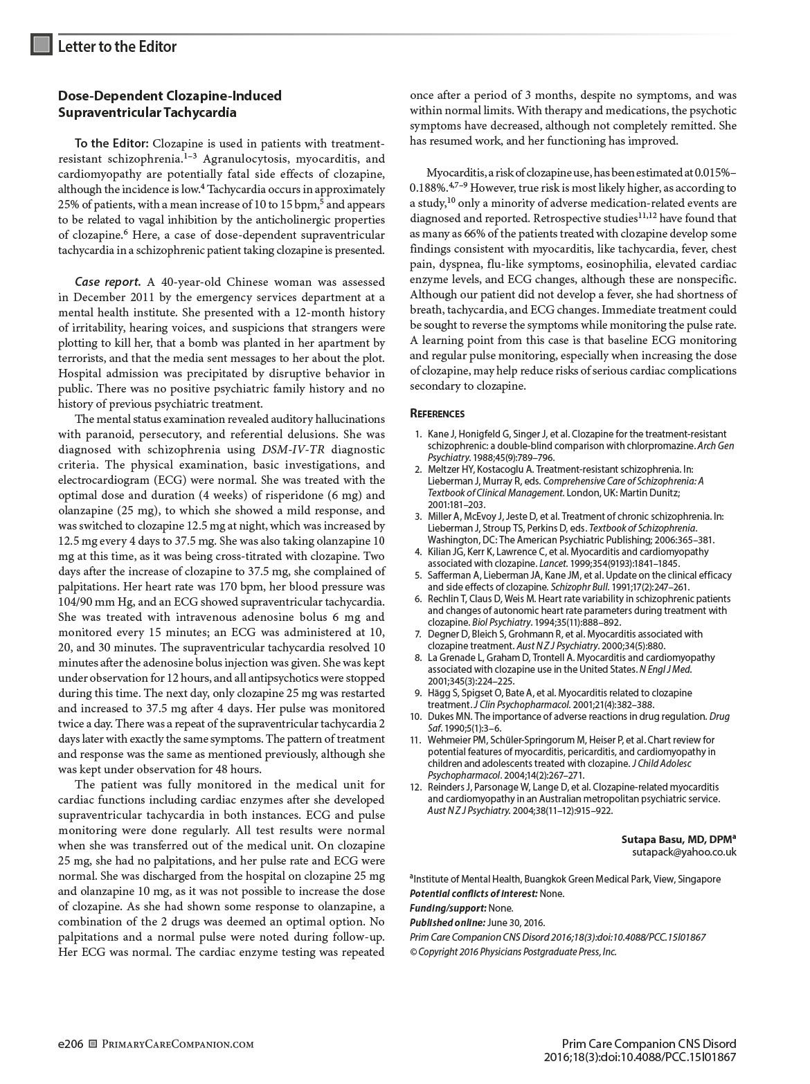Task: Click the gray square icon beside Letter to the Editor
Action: pos(42,45)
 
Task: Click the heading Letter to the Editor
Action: pos(117,46)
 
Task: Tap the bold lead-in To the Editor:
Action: pos(111,143)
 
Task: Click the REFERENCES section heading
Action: pos(437,414)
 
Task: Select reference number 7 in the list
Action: pos(417,633)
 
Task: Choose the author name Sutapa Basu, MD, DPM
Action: pos(678,839)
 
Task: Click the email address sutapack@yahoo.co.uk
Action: pos(684,852)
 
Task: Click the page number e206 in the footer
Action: pos(71,1043)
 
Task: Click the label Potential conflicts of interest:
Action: pos(474,893)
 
